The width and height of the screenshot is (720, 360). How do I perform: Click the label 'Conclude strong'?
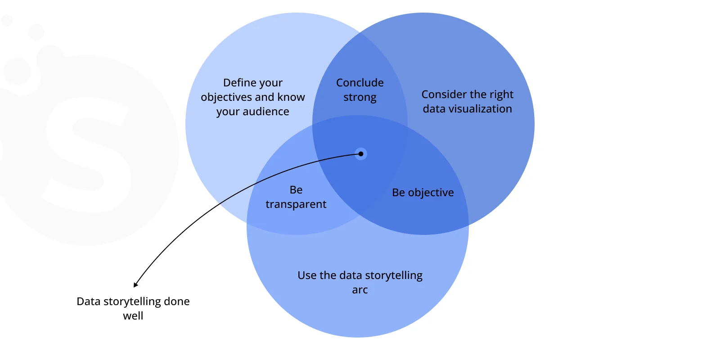360,90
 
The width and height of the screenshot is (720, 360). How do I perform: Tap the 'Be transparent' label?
296,197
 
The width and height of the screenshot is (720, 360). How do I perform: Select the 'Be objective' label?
423,193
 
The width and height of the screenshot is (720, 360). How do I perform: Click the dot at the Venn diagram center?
361,154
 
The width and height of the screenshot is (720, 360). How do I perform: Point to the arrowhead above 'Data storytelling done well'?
135,284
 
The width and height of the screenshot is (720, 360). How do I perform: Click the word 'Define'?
239,83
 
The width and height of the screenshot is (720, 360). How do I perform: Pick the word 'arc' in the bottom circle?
360,290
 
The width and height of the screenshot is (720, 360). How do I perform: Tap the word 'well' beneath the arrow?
133,316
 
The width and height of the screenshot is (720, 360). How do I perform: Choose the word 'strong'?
360,98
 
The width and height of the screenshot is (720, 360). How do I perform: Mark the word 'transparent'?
296,204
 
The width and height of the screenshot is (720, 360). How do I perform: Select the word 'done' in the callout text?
177,301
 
